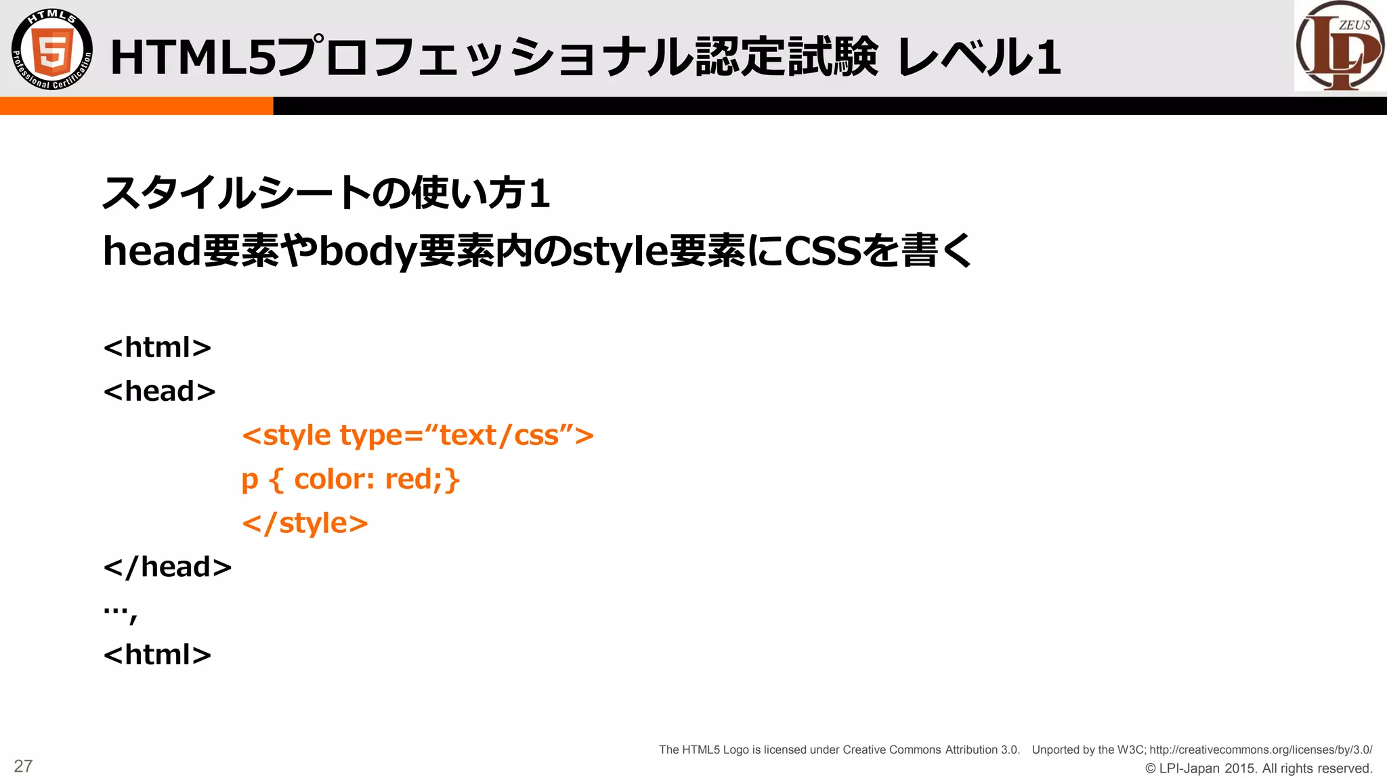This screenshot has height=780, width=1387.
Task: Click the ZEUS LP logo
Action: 1340,46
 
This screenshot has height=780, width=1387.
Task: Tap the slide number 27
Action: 23,766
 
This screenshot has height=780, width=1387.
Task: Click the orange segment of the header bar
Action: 135,106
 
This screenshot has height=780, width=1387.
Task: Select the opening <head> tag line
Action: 159,391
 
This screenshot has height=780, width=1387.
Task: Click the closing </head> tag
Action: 167,567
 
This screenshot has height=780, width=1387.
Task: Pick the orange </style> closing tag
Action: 305,523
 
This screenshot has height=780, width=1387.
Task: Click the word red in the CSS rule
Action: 409,479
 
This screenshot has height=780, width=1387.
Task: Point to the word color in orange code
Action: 330,479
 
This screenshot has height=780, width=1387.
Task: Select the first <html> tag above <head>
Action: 157,347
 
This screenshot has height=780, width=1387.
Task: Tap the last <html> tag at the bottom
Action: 157,655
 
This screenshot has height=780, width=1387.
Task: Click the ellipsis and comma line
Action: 121,611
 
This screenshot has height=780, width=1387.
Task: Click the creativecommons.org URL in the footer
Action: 1260,750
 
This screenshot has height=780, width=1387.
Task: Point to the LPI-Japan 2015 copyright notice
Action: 1258,768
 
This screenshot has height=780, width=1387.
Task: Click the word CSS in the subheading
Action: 822,251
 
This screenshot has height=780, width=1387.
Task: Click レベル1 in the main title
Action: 978,57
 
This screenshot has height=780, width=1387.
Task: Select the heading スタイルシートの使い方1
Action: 326,193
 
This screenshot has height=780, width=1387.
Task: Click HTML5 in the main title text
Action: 193,57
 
